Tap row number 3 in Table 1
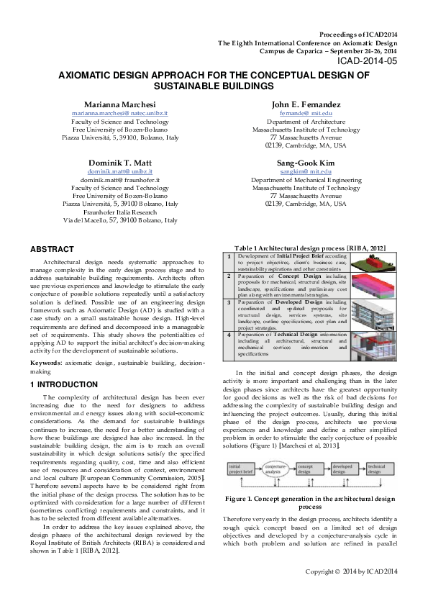click(229, 303)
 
